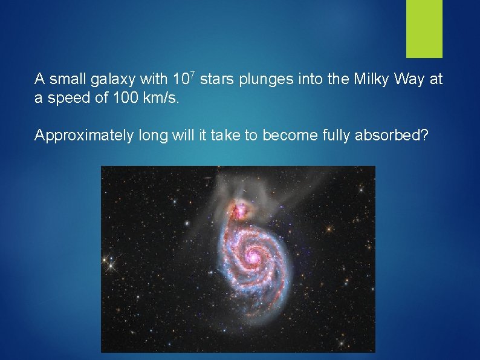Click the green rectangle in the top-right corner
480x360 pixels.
tap(424, 28)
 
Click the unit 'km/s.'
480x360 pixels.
tap(163, 98)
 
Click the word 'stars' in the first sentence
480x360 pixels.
tap(215, 79)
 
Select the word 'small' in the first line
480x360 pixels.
tap(66, 79)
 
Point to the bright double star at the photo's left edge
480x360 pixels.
tap(110, 263)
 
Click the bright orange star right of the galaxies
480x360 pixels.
tap(329, 229)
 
